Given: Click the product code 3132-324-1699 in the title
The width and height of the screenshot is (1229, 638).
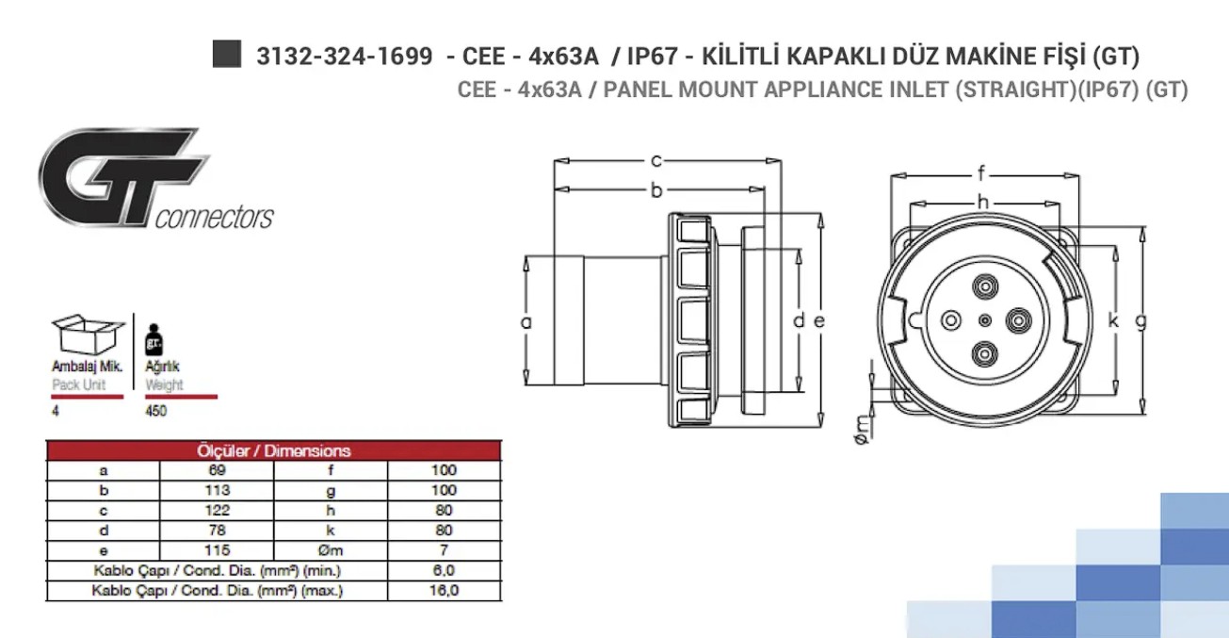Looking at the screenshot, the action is tap(345, 56).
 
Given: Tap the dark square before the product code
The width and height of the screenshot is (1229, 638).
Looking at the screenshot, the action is tap(227, 55).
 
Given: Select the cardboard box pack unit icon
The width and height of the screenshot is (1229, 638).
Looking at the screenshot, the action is tap(88, 334).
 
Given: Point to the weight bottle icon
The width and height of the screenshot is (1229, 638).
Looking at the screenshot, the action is tap(154, 340).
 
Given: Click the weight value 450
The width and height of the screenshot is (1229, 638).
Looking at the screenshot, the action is tap(155, 411).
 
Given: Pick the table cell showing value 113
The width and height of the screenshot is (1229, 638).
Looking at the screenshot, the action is tap(217, 490).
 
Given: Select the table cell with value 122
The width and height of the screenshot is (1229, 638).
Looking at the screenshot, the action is tap(217, 510).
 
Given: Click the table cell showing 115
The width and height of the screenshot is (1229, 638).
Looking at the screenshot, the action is tap(217, 550).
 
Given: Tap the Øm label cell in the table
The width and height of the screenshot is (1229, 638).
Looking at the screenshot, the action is tap(331, 550).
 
